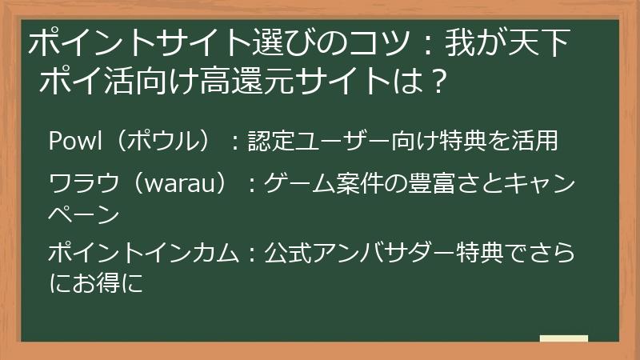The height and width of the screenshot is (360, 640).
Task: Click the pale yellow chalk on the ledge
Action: click(x=564, y=338)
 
